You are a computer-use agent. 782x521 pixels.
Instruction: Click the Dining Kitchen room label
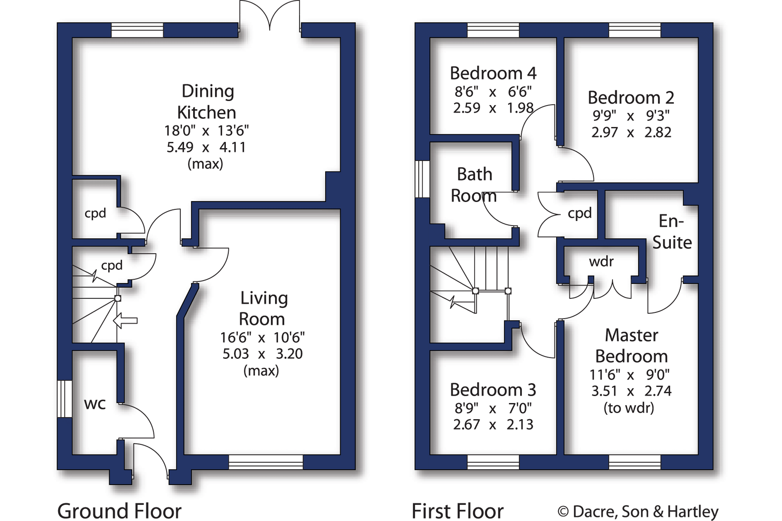click(207, 102)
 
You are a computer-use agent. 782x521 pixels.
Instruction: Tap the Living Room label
click(263, 308)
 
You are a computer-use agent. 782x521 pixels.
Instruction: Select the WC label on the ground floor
click(95, 404)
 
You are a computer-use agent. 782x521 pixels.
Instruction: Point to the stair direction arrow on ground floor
click(125, 321)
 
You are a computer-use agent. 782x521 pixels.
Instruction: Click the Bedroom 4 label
click(493, 73)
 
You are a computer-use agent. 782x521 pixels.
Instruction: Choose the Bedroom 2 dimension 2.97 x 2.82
click(631, 132)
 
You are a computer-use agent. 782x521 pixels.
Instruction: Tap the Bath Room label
click(474, 185)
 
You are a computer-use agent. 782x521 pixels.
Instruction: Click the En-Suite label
click(672, 232)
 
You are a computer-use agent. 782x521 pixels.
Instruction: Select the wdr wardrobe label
click(601, 261)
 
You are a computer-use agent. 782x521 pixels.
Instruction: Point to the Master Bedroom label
click(632, 346)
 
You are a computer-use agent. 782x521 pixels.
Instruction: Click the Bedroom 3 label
click(493, 390)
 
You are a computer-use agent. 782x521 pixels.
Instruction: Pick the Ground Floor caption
click(120, 511)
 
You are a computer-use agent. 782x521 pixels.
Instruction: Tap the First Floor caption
click(458, 511)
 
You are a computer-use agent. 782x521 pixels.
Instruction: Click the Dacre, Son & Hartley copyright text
click(638, 511)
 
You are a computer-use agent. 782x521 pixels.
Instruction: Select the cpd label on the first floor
click(580, 213)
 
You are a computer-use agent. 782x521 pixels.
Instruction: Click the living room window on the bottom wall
click(266, 462)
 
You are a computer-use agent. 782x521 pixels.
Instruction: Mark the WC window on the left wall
click(65, 399)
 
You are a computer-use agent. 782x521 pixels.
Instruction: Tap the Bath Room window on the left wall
click(422, 179)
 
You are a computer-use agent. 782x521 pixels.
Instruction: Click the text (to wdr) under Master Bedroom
click(629, 408)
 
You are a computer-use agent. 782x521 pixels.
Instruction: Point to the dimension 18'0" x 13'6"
click(206, 131)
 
